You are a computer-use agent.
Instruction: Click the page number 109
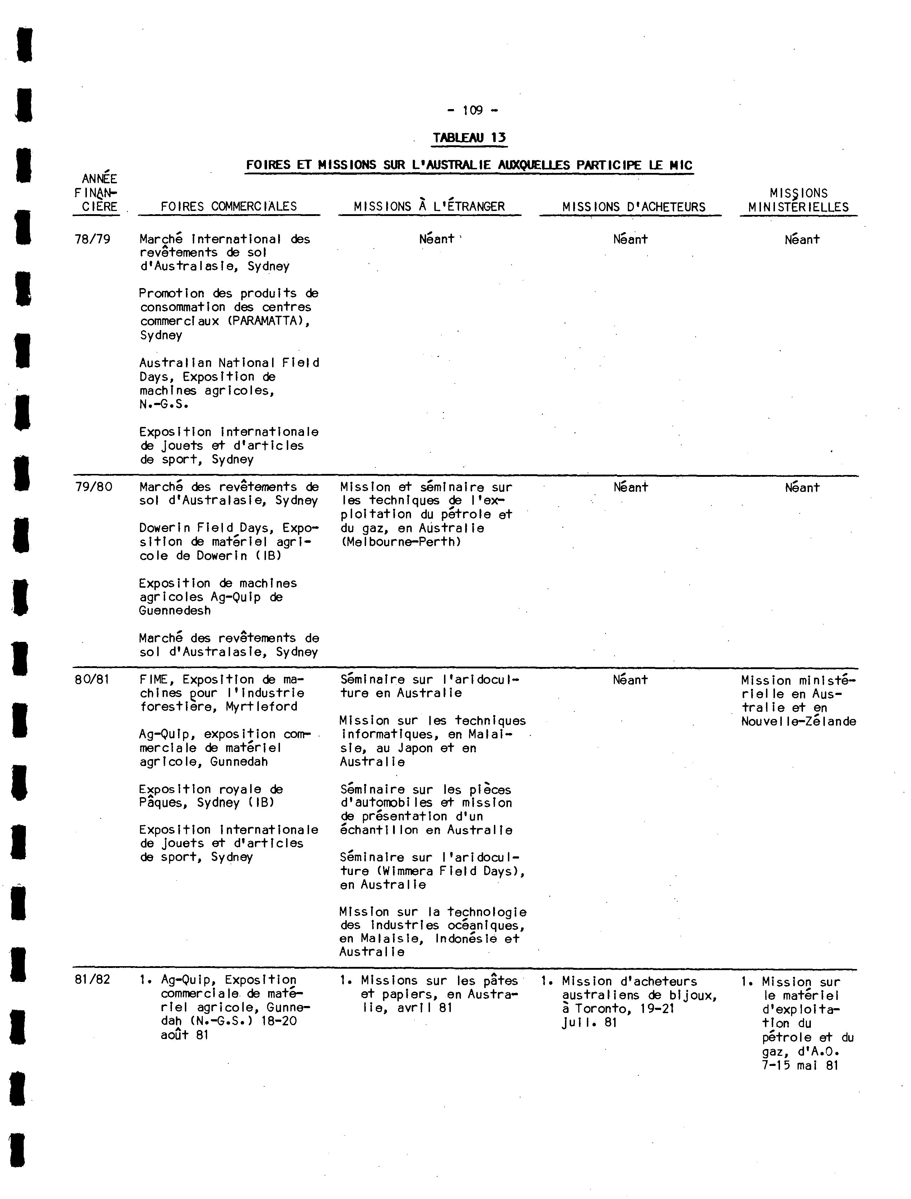point(473,111)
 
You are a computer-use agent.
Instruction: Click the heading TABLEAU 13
point(469,138)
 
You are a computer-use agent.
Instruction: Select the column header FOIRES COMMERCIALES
point(229,207)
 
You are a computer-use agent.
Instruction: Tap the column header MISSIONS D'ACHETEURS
point(634,207)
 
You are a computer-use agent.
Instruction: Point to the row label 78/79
point(92,239)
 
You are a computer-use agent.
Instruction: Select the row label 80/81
point(92,679)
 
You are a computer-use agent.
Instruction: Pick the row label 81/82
point(92,979)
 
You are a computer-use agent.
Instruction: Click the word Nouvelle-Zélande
point(799,721)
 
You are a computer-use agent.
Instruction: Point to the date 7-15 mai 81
point(800,1065)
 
